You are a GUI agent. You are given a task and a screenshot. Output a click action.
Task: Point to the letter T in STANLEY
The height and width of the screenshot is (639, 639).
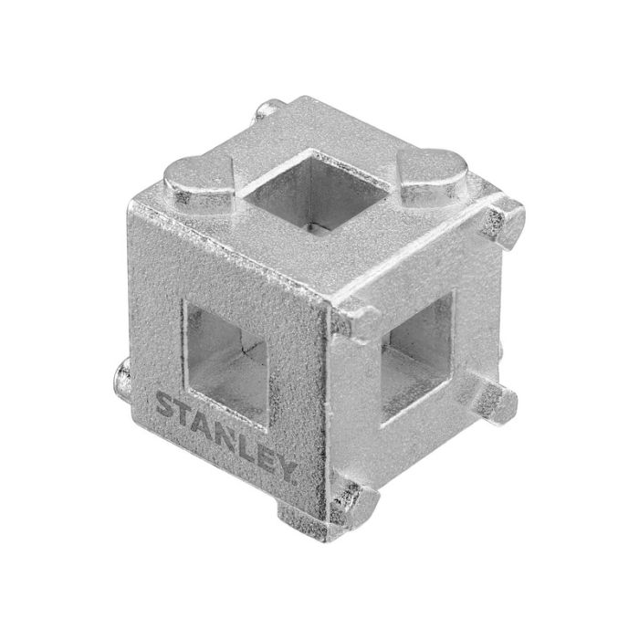point(186,413)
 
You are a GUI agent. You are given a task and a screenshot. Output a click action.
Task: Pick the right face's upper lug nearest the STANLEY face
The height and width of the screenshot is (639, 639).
point(361,319)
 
